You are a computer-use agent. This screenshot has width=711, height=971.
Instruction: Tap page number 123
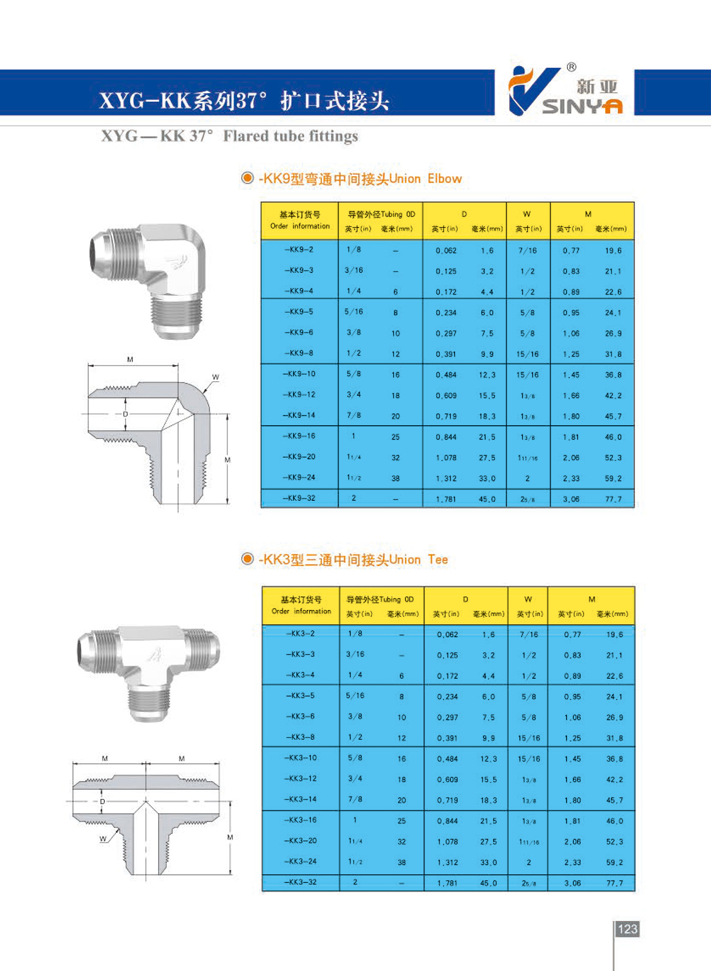click(627, 929)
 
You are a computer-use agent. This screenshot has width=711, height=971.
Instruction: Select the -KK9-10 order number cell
click(299, 374)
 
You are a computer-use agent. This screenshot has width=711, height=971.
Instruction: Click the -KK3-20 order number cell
click(301, 841)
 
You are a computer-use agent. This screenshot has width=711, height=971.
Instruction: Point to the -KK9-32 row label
click(299, 498)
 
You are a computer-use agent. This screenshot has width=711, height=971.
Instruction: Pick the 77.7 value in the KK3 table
click(614, 883)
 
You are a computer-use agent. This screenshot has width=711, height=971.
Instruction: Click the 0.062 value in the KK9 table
click(446, 250)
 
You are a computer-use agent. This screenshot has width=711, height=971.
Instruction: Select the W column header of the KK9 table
click(527, 214)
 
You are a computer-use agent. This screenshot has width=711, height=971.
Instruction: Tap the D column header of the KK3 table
click(465, 599)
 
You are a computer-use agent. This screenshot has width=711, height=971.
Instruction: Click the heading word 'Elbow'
click(444, 179)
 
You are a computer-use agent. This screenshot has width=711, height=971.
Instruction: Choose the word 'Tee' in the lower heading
click(437, 559)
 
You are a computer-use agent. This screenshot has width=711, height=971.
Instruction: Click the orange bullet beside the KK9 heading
click(247, 178)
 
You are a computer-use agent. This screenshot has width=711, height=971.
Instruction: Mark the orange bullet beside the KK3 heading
click(247, 559)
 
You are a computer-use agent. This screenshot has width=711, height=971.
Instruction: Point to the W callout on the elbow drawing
click(215, 377)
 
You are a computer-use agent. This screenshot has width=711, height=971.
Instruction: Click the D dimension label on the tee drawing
click(102, 802)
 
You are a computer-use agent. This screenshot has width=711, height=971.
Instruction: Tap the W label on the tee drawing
click(102, 839)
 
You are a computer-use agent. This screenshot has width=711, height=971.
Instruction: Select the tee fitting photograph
click(148, 671)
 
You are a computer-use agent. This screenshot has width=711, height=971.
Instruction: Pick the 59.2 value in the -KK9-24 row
click(613, 479)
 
